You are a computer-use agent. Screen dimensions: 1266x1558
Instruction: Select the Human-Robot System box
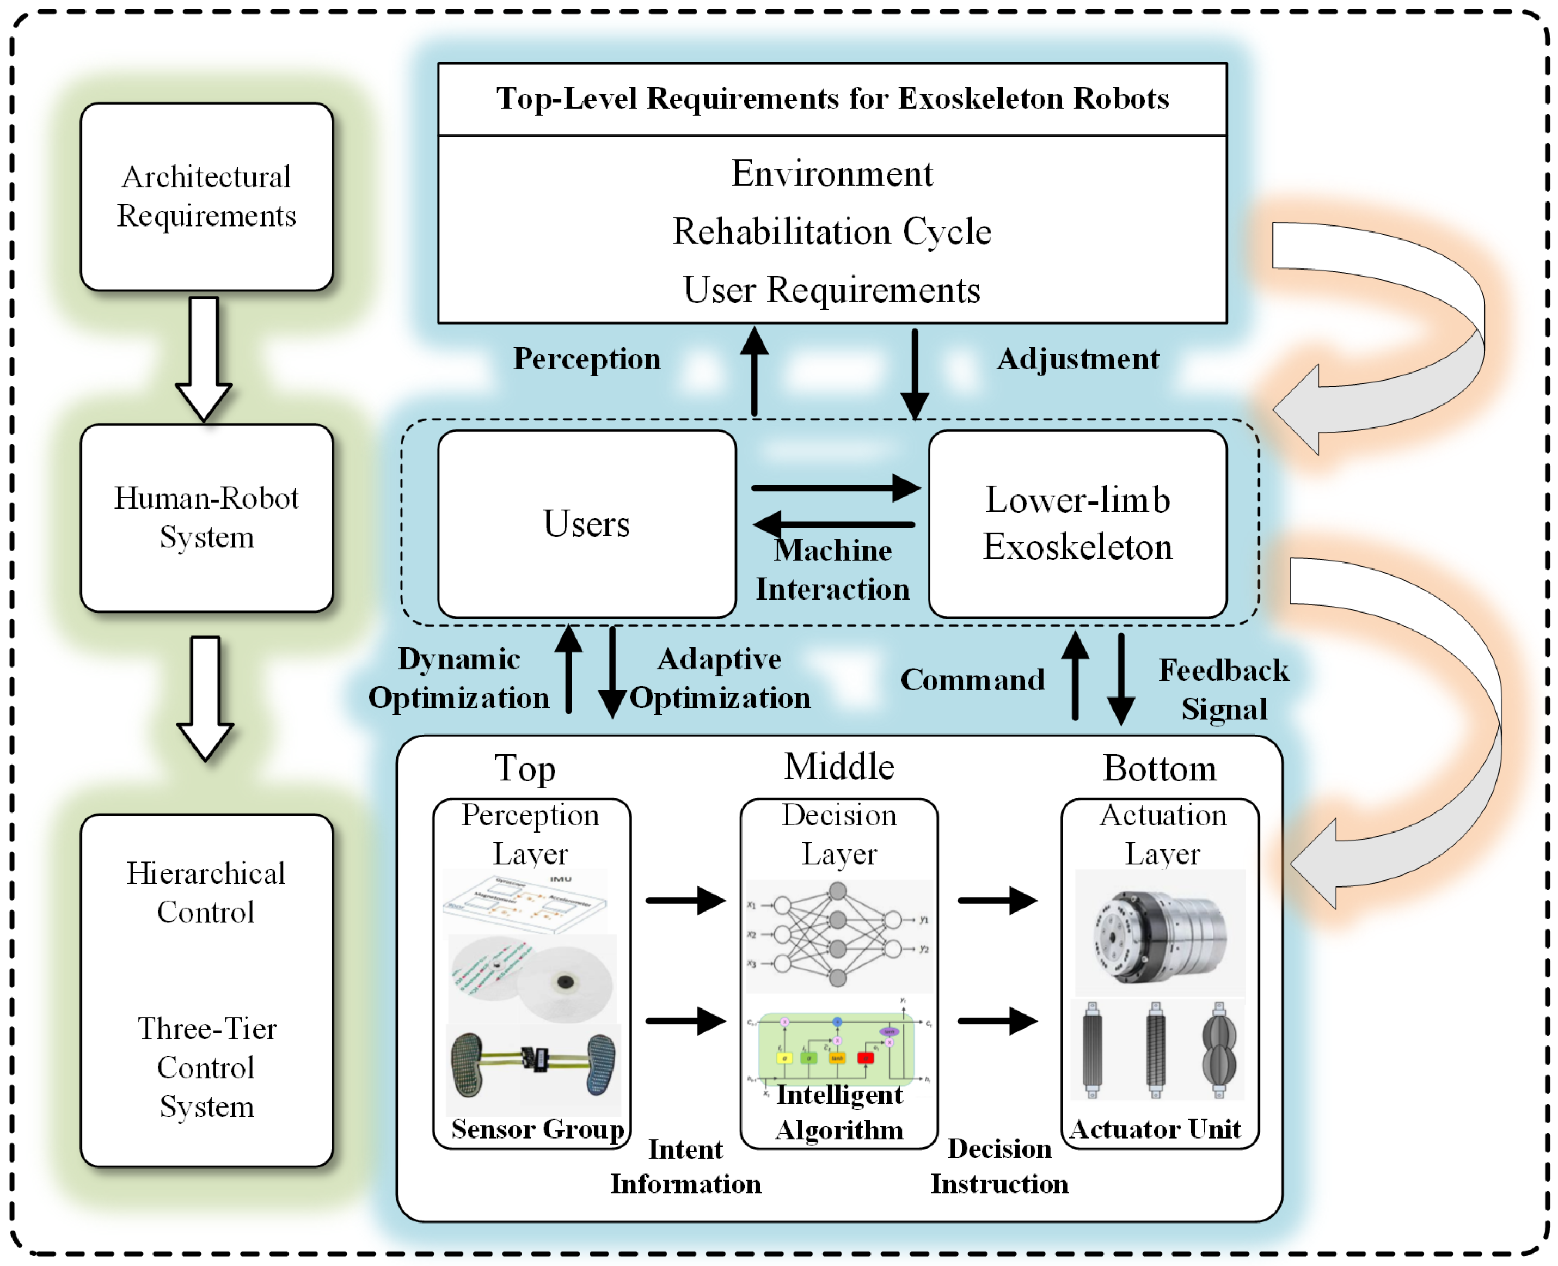click(206, 518)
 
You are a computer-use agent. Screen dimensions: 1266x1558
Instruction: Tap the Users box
click(586, 524)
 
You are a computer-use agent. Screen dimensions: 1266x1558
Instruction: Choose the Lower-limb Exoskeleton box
click(1077, 524)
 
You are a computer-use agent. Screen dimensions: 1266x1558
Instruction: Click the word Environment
click(832, 174)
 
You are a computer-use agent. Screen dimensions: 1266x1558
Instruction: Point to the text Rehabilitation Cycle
click(832, 232)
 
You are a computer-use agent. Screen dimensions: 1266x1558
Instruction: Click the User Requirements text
click(832, 290)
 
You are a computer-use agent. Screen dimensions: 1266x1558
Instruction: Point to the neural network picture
click(838, 935)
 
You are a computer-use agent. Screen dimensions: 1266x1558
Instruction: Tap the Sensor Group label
click(537, 1129)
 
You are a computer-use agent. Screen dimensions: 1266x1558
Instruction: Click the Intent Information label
click(685, 1166)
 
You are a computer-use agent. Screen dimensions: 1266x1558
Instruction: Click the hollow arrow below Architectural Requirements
click(204, 357)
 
